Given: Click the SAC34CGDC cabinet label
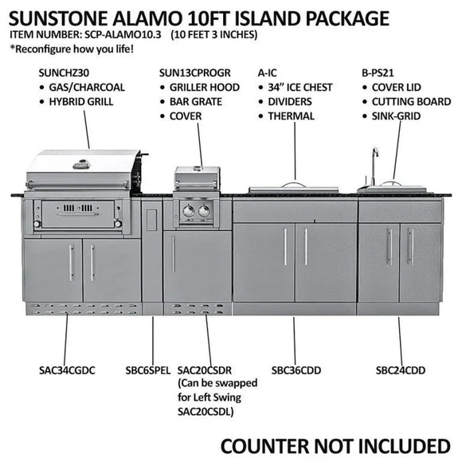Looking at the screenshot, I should coord(66,370).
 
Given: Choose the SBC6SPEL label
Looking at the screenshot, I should coord(147,370).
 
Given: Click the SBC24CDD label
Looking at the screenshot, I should coord(401,370).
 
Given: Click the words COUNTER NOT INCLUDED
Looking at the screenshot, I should coord(335,444).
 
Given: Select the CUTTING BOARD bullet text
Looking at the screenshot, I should coord(412,102).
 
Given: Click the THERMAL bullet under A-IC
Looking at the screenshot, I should coord(291,116).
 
